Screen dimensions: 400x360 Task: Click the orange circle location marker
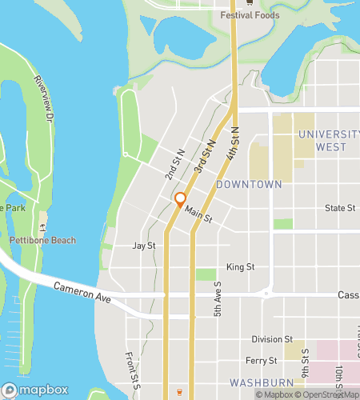point(181,198)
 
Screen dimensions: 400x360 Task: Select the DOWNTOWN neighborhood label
point(250,184)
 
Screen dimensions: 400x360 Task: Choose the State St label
point(340,208)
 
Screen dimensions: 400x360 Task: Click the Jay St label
point(143,246)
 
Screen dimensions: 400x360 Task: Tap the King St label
point(240,266)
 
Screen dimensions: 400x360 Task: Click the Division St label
point(272,339)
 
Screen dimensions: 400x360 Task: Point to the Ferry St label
point(262,361)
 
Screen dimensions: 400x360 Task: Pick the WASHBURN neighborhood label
point(253,382)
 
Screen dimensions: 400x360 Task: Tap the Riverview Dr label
point(43,98)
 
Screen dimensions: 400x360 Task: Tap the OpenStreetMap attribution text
point(328,394)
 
